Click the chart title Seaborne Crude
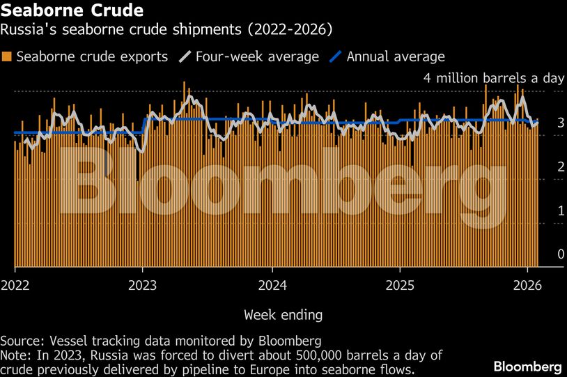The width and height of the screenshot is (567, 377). pos(72,11)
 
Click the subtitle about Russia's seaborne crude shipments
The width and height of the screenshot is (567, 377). pos(166,30)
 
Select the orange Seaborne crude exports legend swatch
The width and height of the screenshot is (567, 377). pos(8,57)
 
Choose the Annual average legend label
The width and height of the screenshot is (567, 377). pos(395,56)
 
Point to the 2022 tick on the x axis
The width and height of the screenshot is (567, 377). pos(15,285)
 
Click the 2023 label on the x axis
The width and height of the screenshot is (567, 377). pos(143,285)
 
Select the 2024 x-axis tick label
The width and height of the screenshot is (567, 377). pos(272,285)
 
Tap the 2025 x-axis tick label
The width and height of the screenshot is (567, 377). pos(400,285)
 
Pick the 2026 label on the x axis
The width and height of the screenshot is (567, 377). pos(528,285)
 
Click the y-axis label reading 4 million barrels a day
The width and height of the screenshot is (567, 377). pos(493,78)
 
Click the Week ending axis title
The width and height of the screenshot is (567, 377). pos(283,315)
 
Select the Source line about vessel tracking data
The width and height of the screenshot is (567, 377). pos(160,341)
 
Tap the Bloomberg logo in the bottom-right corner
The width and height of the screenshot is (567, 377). pos(527,367)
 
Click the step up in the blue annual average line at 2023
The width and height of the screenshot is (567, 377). pos(143,125)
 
